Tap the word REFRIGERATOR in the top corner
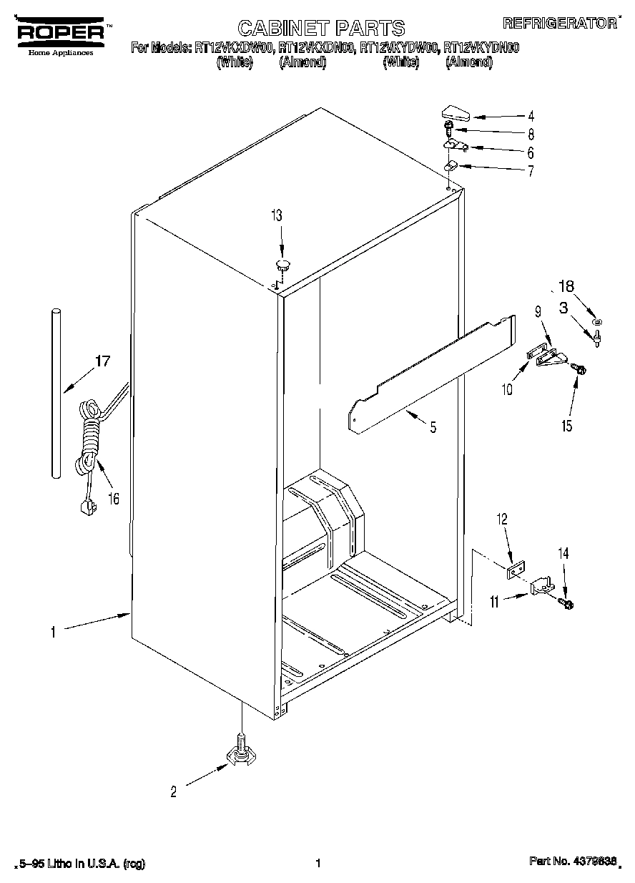[560, 24]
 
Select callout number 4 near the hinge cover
[531, 116]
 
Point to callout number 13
[276, 216]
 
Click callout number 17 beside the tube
[102, 361]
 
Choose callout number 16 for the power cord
[114, 499]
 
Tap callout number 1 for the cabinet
[53, 631]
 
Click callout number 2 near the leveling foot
[172, 791]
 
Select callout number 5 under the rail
[433, 428]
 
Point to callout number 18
[566, 287]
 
